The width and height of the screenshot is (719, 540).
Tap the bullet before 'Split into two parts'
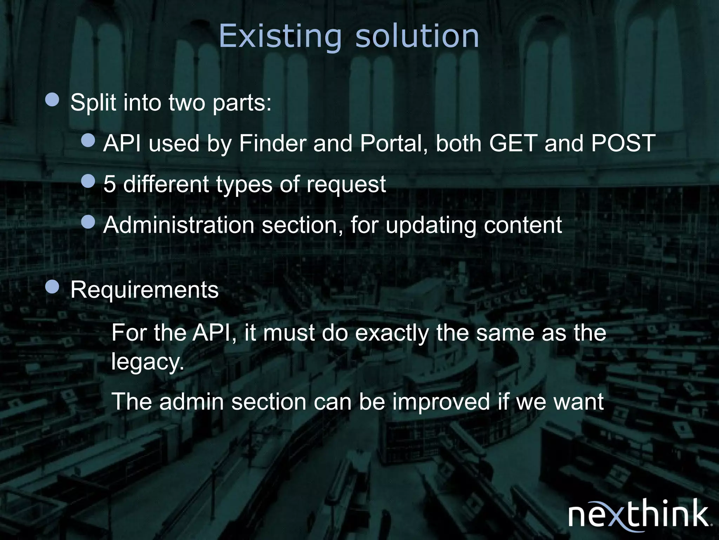point(52,99)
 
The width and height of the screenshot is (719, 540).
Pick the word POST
point(623,143)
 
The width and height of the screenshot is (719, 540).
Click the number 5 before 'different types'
point(110,184)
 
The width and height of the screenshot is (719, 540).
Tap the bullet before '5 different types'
point(88,181)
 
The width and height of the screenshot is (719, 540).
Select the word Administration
point(179,225)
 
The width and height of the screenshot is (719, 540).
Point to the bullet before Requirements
point(52,287)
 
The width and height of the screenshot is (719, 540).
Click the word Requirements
point(144,290)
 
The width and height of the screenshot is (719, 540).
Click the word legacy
point(147,362)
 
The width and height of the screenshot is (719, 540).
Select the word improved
point(441,401)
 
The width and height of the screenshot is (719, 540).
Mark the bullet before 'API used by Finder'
point(88,140)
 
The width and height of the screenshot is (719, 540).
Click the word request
point(346,184)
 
